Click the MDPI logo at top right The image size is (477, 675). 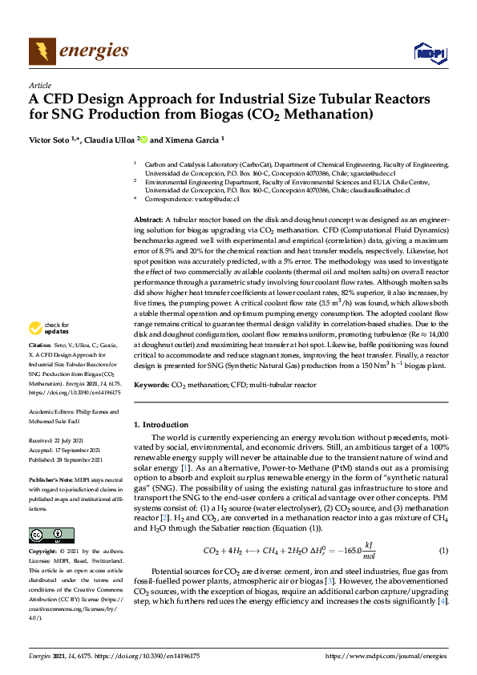[x=429, y=54]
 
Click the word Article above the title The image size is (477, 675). [x=39, y=85]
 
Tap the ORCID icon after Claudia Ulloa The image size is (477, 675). [x=144, y=139]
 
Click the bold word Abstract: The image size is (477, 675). [x=149, y=220]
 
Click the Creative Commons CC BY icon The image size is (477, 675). [x=46, y=535]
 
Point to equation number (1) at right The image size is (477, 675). [x=443, y=551]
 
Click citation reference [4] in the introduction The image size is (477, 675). [x=442, y=601]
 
